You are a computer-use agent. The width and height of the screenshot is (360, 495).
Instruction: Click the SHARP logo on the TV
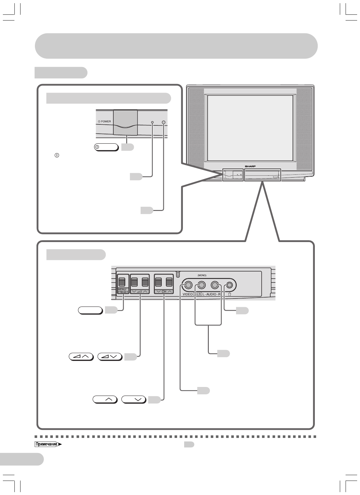[251, 166]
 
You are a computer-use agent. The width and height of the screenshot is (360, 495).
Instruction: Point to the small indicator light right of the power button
[152, 122]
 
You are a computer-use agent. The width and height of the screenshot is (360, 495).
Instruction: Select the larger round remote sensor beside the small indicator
[164, 122]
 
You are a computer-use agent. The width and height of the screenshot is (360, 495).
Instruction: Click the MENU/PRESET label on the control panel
[122, 291]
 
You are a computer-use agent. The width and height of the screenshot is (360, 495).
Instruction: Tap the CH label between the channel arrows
[164, 292]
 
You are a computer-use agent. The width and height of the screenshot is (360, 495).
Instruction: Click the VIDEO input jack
[188, 285]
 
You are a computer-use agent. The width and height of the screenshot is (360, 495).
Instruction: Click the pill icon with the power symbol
[106, 147]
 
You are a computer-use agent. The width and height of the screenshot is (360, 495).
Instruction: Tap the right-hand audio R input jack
[215, 285]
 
